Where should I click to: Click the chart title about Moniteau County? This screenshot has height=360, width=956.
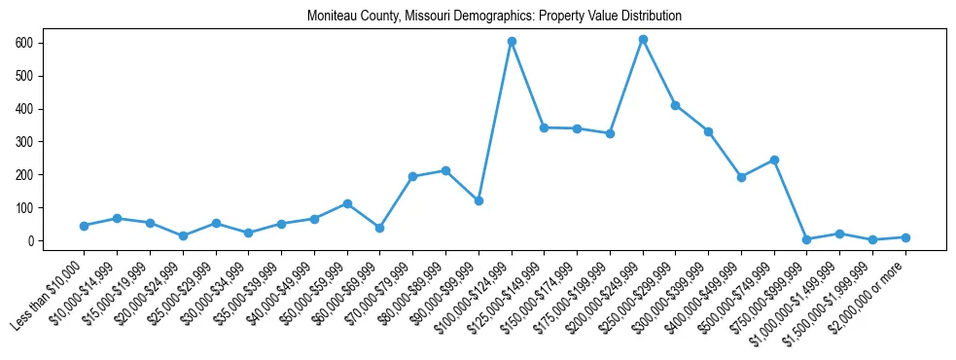coord(494,17)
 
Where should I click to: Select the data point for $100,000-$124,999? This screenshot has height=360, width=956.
coord(512,42)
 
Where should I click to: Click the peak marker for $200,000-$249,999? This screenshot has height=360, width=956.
coord(643,40)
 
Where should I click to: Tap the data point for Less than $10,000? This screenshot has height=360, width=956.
coord(85,226)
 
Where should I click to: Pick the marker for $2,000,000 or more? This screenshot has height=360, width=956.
coord(905,237)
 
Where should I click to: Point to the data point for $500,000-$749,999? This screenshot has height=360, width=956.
coord(774,160)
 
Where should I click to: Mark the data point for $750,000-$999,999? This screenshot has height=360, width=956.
coord(807,239)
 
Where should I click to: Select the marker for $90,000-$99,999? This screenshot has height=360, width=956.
coord(478,200)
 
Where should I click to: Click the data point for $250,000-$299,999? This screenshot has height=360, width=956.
coord(675,105)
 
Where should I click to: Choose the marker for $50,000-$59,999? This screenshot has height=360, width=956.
coord(347,203)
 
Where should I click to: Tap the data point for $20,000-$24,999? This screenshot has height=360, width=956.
coord(183,235)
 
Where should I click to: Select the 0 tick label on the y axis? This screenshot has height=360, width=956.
coord(32,241)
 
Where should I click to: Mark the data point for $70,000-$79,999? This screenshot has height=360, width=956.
coord(412,176)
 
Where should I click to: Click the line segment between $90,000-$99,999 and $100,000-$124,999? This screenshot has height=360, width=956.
coord(495,122)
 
